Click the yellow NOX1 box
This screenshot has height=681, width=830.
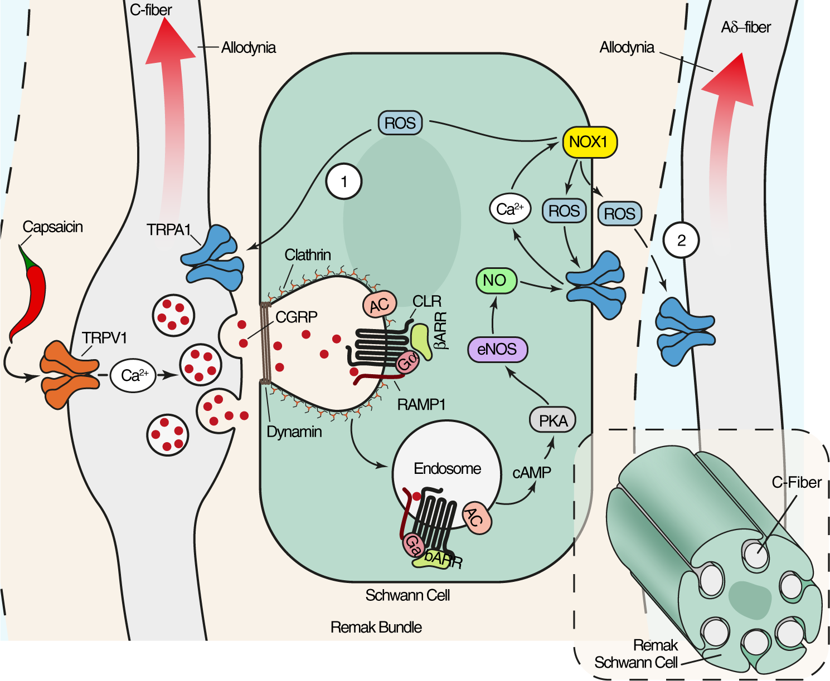[x=589, y=142]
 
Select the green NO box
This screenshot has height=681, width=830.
[x=496, y=281]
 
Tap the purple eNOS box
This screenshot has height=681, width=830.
[x=497, y=349]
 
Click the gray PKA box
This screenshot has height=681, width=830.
[x=552, y=420]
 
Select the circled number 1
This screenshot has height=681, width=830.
[x=344, y=182]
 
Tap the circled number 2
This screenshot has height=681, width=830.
[x=681, y=241]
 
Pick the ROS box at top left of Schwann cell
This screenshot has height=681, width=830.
[x=400, y=123]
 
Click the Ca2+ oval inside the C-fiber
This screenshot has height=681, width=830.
[x=134, y=375]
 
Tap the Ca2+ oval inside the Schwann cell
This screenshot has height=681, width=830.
[x=509, y=209]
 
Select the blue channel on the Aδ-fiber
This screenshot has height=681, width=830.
[x=685, y=331]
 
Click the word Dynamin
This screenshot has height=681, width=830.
[x=294, y=432]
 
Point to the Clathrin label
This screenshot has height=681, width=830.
[x=308, y=255]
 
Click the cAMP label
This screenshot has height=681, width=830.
[x=531, y=473]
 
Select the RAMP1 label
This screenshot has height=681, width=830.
[x=421, y=404]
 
